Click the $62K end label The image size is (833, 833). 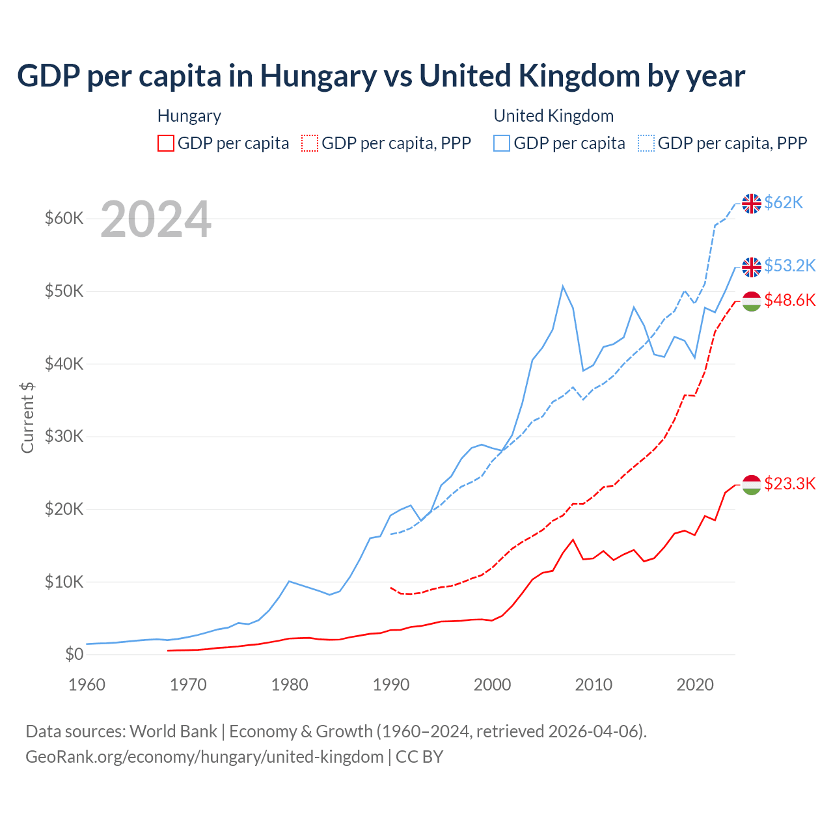[x=784, y=203]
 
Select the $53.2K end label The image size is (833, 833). [x=789, y=266]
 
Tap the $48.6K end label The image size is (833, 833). [x=789, y=300]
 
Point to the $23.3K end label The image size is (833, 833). [x=789, y=484]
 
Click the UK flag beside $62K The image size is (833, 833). [x=752, y=204]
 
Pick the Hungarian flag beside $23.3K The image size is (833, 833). [x=752, y=485]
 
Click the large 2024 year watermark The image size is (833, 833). [x=156, y=219]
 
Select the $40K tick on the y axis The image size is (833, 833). [x=64, y=364]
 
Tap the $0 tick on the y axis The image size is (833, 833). [x=74, y=654]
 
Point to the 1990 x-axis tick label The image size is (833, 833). [x=391, y=685]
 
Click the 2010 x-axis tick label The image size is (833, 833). [x=594, y=685]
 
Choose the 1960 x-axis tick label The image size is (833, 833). [x=87, y=685]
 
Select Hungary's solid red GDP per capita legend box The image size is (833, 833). [x=166, y=143]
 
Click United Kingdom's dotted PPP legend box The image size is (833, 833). [x=646, y=143]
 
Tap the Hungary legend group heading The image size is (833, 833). [x=189, y=116]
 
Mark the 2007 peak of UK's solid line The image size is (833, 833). [x=563, y=286]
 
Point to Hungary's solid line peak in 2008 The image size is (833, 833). [x=573, y=539]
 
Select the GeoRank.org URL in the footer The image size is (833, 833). [x=204, y=757]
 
